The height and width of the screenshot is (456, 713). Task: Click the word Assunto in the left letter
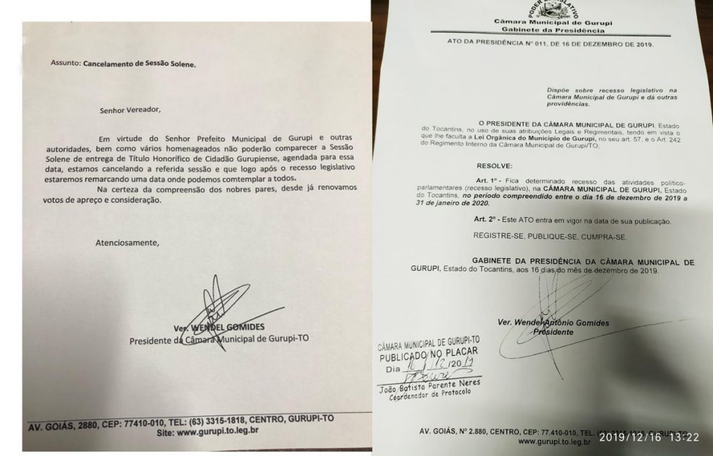[x=65, y=63]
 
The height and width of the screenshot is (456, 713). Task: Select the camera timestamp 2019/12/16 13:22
[x=649, y=437]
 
